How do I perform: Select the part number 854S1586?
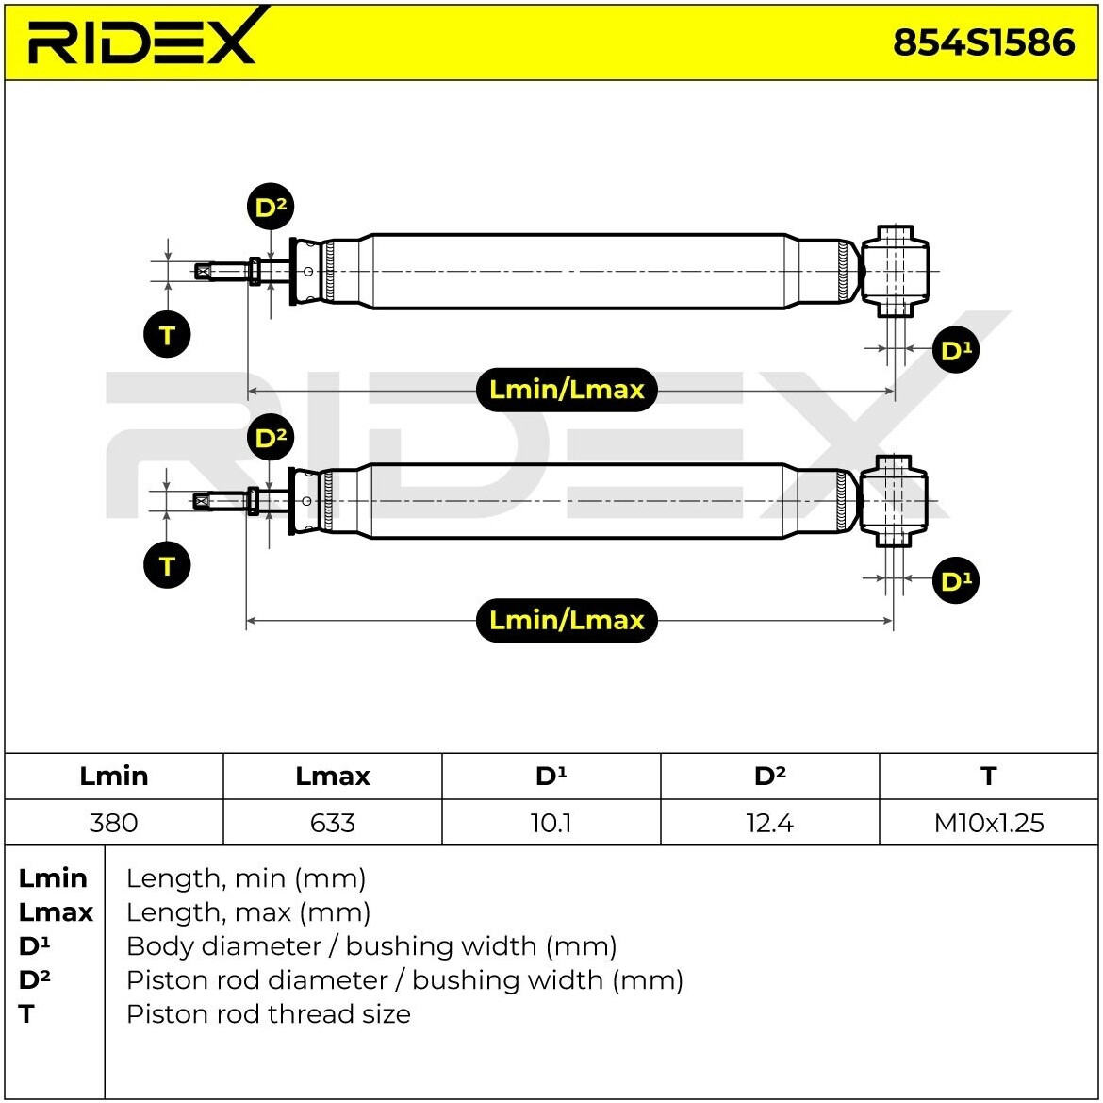click(x=983, y=42)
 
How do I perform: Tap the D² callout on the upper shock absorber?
click(x=271, y=207)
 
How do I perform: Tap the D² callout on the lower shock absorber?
click(x=271, y=437)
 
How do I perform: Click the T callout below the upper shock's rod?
click(x=167, y=334)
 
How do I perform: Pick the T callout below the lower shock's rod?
click(x=167, y=565)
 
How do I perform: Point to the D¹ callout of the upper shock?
click(x=956, y=350)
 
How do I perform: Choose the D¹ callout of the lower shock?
click(x=956, y=580)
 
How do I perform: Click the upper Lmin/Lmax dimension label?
click(x=567, y=390)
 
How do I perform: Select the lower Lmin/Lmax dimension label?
click(x=567, y=620)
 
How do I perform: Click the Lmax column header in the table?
click(x=333, y=776)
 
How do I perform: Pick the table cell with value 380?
click(x=114, y=822)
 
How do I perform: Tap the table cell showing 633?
click(x=333, y=822)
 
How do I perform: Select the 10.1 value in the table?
click(x=551, y=822)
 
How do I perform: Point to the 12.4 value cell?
click(x=769, y=822)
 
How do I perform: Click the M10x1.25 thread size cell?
click(x=988, y=822)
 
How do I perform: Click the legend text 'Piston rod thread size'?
click(x=269, y=1013)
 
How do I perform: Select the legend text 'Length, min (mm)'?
click(x=246, y=878)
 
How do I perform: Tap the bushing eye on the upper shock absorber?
click(x=895, y=271)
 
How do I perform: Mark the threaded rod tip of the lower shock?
click(x=202, y=501)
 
